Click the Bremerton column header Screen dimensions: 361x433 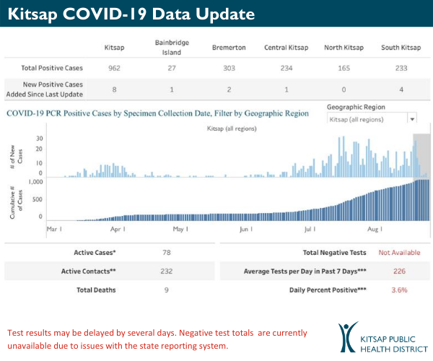229,48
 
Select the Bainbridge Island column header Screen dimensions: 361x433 172,48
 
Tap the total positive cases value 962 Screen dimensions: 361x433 115,68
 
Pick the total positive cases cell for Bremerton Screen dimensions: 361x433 229,68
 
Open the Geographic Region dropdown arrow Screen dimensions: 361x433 412,119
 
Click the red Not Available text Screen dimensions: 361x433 399,253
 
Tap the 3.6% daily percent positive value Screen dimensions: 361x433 399,290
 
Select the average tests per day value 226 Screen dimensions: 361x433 399,271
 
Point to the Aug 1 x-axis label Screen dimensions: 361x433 375,230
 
